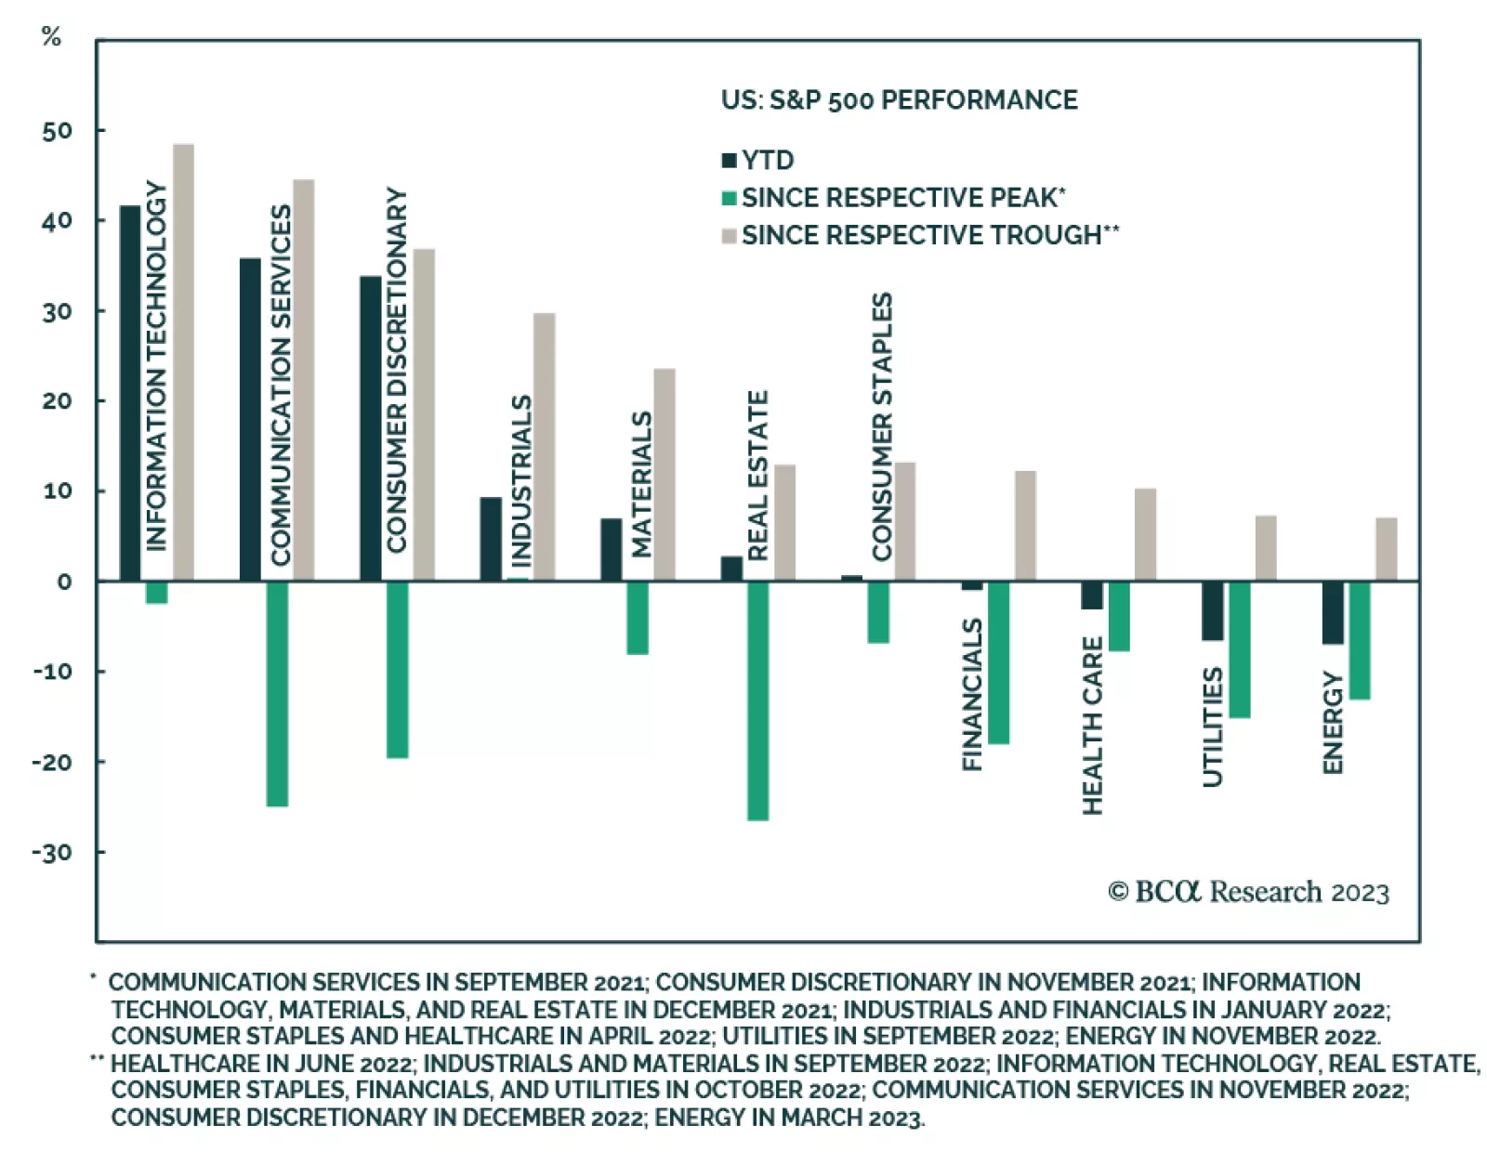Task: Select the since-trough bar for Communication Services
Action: coord(304,380)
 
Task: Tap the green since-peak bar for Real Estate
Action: coord(757,700)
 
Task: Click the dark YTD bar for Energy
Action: coord(1332,612)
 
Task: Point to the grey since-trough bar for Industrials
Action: coord(545,447)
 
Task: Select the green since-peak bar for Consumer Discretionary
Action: coord(397,669)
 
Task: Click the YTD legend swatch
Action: coord(730,161)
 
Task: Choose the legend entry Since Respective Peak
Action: coord(901,198)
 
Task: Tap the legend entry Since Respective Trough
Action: coord(920,235)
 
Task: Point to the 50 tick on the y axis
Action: coord(58,131)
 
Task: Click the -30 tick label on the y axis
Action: coord(52,852)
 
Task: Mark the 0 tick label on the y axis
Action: coord(64,582)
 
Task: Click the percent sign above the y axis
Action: coord(51,36)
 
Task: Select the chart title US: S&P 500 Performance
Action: coord(899,99)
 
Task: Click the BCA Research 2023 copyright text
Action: coord(1248,892)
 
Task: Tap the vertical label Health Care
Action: coord(1093,725)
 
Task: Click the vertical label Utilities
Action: coord(1213,726)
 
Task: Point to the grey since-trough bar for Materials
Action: coord(665,475)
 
